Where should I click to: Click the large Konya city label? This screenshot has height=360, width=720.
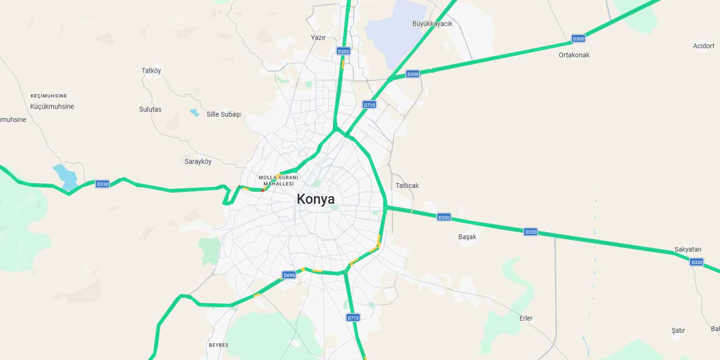pos(316,199)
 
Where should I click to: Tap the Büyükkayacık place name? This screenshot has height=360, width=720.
pos(432,24)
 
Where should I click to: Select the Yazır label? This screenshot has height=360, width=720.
pos(318,38)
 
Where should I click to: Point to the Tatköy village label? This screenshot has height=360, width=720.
pos(151,71)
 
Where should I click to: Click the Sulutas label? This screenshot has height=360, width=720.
pos(150,109)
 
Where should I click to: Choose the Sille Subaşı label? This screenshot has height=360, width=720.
pos(223,114)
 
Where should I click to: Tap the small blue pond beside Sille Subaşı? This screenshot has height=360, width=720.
pos(195,112)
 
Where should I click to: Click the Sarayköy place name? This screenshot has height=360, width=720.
pos(198,161)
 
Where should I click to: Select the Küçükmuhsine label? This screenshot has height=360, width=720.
pos(52,106)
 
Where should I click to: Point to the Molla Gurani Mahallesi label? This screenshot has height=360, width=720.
pos(278,181)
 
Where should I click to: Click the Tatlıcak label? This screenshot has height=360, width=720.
pos(407,186)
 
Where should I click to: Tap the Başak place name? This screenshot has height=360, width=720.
pos(467,237)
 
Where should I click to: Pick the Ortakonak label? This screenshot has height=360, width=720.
pos(574,55)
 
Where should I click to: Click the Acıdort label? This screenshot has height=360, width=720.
pos(704,46)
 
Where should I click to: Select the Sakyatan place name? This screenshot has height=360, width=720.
pos(687,250)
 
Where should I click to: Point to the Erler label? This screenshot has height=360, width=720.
pos(526,318)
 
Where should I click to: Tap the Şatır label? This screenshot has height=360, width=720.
pos(678,331)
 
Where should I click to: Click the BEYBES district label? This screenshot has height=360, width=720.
pos(218,345)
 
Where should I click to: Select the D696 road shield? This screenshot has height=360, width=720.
pos(289,275)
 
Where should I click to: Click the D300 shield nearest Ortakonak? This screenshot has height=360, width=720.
pos(578,39)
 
